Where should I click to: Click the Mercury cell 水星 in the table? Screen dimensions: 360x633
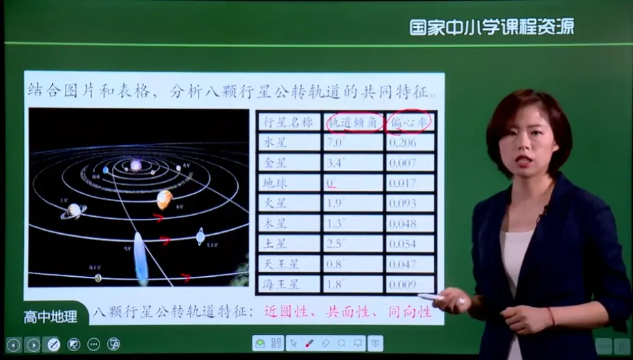point(289,142)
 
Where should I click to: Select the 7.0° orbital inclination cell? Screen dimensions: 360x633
point(353,142)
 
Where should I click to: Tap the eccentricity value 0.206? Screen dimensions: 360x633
point(410,142)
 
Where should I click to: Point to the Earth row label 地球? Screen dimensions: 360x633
point(289,183)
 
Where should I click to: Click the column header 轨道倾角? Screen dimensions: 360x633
point(353,123)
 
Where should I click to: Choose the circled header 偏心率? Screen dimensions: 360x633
point(410,123)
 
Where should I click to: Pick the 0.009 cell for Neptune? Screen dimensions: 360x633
point(410,284)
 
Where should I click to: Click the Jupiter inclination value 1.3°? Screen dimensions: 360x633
point(353,223)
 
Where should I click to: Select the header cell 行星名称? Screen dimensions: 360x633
point(289,123)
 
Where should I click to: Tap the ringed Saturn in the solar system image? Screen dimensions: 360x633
point(73,211)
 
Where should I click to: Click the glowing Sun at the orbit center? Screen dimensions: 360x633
point(136,166)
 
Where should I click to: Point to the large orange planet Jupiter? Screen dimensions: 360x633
point(164,199)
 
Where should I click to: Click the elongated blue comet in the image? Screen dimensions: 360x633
point(141,258)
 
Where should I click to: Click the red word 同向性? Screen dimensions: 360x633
point(409,312)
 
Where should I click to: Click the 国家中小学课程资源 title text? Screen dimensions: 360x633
point(491,27)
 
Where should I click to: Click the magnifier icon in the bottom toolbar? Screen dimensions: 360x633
point(341,344)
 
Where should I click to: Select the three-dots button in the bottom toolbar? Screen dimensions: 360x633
point(93,344)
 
